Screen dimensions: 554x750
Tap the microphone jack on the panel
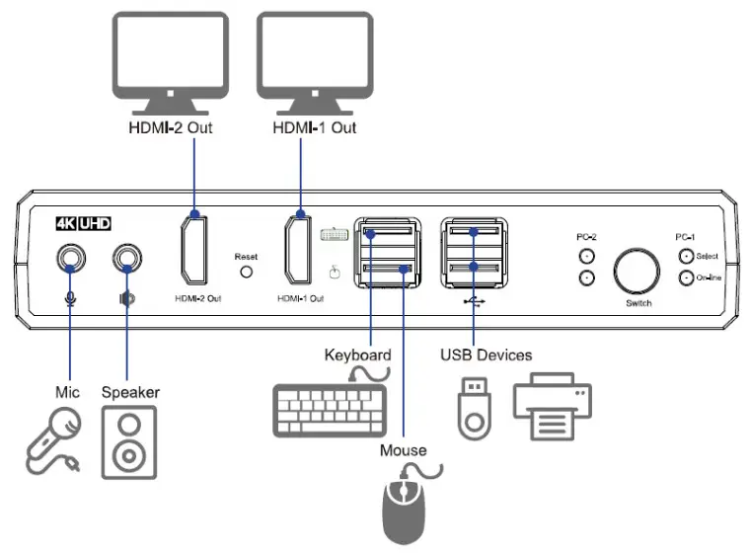pyautogui.click(x=69, y=259)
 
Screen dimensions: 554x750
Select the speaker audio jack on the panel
pyautogui.click(x=126, y=259)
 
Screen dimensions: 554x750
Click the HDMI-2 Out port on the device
pyautogui.click(x=194, y=251)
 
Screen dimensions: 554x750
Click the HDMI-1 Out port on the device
pyautogui.click(x=300, y=251)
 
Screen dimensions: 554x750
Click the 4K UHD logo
pyautogui.click(x=86, y=223)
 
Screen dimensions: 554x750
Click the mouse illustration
pyautogui.click(x=403, y=509)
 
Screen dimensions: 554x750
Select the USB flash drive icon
pyautogui.click(x=474, y=408)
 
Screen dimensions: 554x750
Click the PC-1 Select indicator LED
pyautogui.click(x=686, y=256)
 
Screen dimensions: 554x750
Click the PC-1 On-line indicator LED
pyautogui.click(x=686, y=277)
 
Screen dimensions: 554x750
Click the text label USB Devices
pyautogui.click(x=486, y=355)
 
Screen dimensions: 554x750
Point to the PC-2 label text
pyautogui.click(x=587, y=238)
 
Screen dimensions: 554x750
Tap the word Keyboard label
pyautogui.click(x=357, y=355)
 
